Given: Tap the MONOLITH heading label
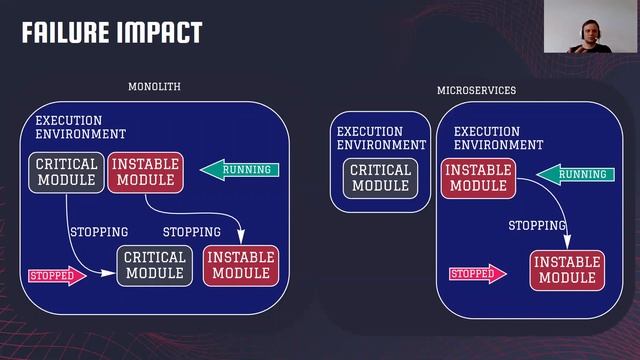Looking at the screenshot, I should pyautogui.click(x=154, y=87).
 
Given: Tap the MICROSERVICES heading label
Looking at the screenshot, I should pyautogui.click(x=476, y=91).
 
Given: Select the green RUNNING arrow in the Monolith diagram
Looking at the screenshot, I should pyautogui.click(x=241, y=170).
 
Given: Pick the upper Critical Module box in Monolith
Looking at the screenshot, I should pyautogui.click(x=66, y=172).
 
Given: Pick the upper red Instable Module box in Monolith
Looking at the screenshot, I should pyautogui.click(x=144, y=172).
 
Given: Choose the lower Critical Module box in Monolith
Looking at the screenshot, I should pyautogui.click(x=154, y=265).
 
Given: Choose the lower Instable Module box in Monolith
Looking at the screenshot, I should pyautogui.click(x=241, y=265).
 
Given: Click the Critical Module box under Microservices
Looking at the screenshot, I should pyautogui.click(x=380, y=177).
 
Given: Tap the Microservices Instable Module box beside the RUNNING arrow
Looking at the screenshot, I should pyautogui.click(x=478, y=177).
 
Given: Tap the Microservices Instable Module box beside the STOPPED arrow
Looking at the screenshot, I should pyautogui.click(x=567, y=270).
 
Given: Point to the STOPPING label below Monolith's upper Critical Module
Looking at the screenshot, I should pyautogui.click(x=98, y=232).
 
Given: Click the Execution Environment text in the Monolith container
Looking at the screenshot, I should pyautogui.click(x=80, y=127).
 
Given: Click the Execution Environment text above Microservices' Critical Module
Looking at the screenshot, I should pyautogui.click(x=381, y=138).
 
